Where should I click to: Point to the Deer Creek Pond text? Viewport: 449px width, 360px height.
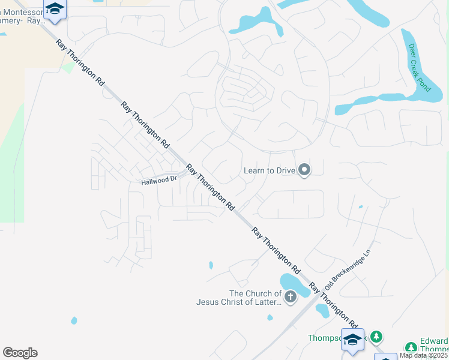pos(420,67)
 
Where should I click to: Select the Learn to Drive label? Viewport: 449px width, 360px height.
pos(270,170)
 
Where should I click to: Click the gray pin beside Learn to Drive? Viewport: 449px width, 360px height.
pos(304,170)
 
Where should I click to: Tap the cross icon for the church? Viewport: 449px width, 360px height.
pos(291,296)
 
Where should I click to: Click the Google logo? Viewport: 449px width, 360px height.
pos(20,353)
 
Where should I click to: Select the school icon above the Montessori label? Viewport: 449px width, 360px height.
pos(55,8)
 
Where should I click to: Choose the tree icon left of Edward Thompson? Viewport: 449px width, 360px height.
pos(411,347)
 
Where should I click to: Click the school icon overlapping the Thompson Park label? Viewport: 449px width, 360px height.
pos(352,338)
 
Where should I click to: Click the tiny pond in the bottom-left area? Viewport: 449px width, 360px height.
pos(74,320)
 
